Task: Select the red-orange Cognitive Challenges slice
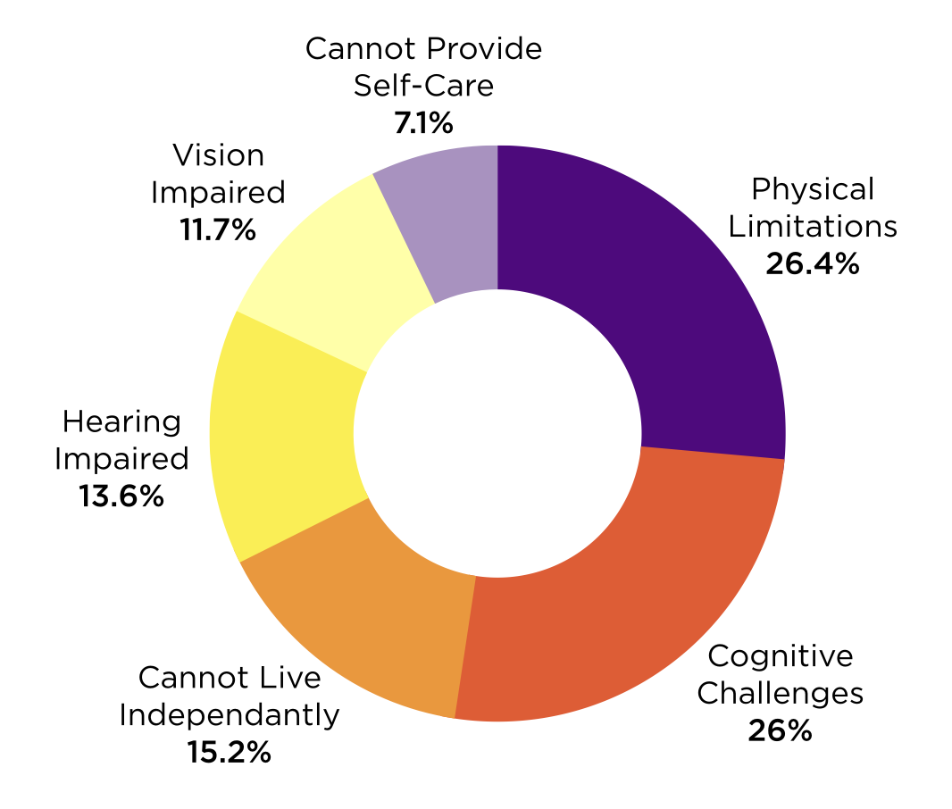(x=625, y=601)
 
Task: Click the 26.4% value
(x=813, y=264)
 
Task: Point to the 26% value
(x=780, y=730)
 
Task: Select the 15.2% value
(x=229, y=753)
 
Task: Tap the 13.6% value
(x=121, y=496)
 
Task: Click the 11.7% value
(x=218, y=230)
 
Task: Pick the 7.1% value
(x=424, y=123)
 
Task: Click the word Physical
(x=813, y=189)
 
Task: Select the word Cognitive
(x=781, y=656)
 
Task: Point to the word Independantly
(x=229, y=715)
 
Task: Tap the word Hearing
(x=121, y=421)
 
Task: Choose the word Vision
(x=219, y=155)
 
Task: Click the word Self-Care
(x=424, y=86)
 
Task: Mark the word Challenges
(x=781, y=694)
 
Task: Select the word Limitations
(x=813, y=227)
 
